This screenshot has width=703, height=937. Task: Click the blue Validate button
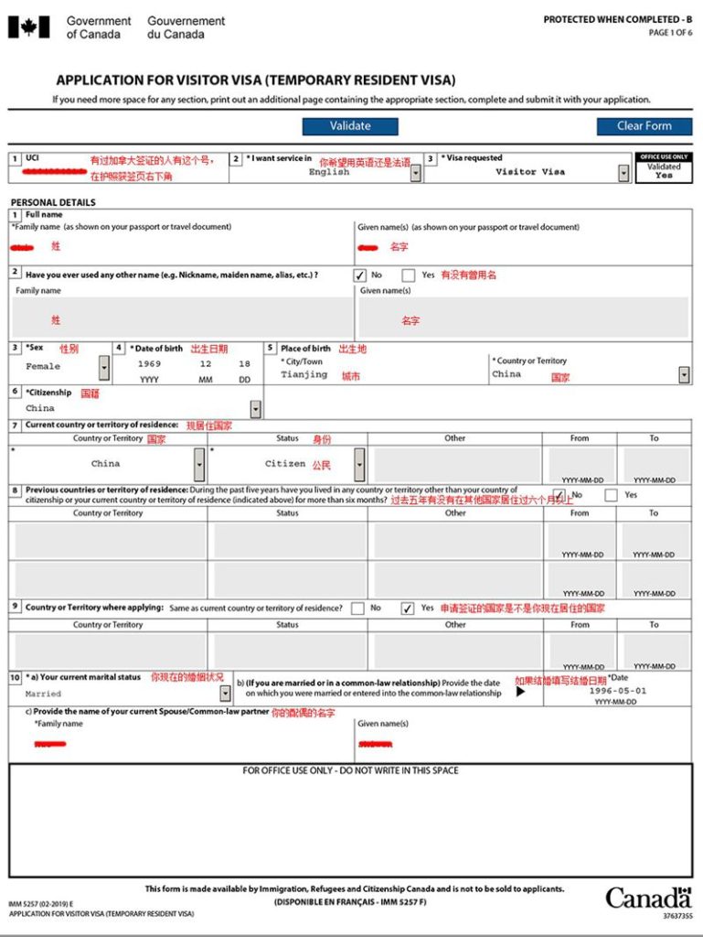pos(350,126)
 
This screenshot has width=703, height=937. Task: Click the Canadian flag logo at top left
pos(28,27)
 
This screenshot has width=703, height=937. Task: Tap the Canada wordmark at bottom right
pos(647,897)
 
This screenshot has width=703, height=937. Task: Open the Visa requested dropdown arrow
pos(623,172)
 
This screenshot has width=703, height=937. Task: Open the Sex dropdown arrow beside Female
pos(103,368)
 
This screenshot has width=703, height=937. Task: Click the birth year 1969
pos(149,364)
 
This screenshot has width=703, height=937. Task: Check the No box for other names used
pos(360,275)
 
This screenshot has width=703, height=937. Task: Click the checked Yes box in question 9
pos(408,609)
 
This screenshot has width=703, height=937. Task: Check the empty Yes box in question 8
pos(611,495)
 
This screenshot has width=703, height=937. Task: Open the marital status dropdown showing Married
pos(225,694)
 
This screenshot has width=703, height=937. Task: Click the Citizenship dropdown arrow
pos(255,409)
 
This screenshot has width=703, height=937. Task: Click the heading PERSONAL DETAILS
pos(53,202)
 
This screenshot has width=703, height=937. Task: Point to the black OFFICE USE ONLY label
pos(664,156)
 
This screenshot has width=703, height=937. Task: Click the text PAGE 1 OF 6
pos(670,33)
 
